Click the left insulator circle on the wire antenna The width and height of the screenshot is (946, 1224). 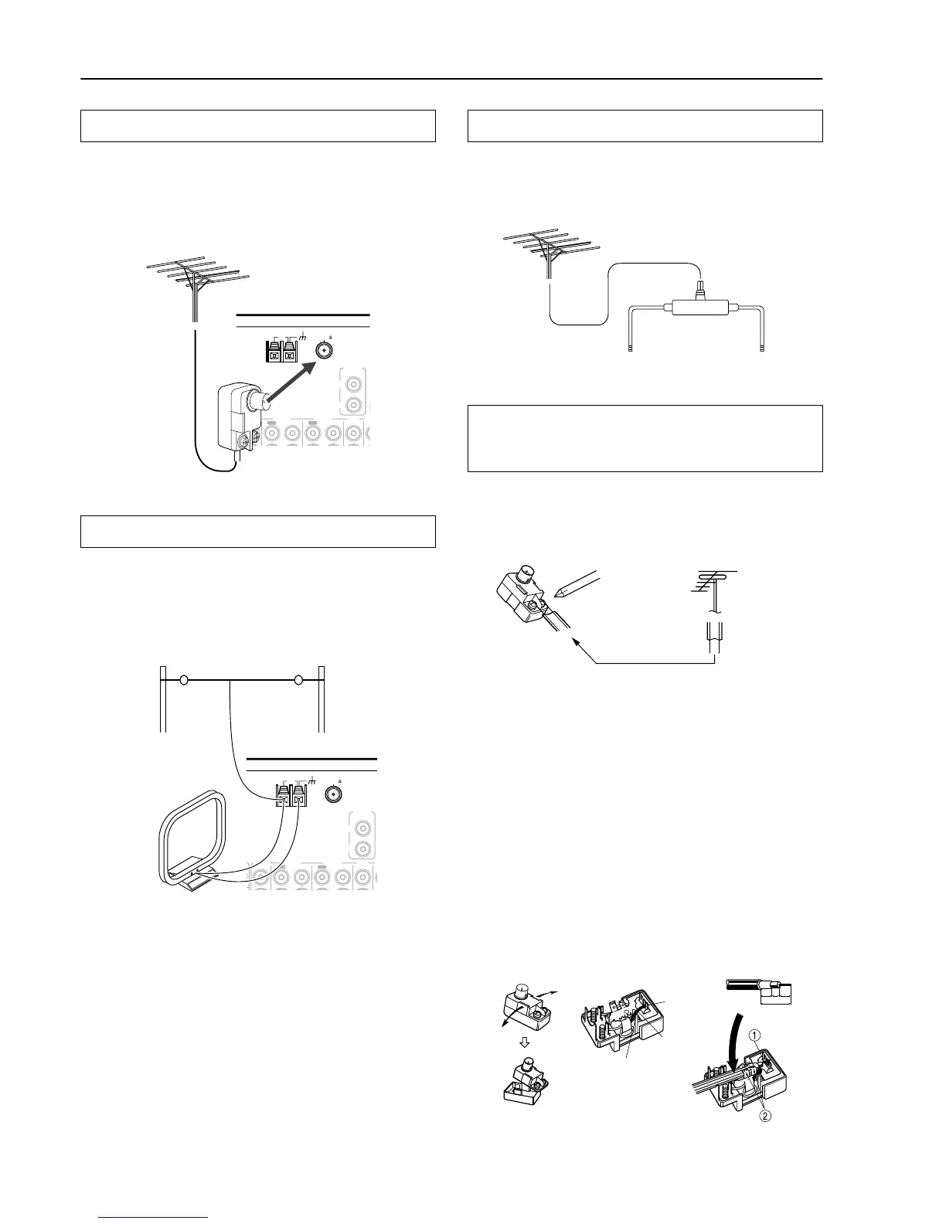(x=184, y=681)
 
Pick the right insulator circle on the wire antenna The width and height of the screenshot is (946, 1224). (x=298, y=681)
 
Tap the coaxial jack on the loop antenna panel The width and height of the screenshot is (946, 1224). (x=334, y=794)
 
